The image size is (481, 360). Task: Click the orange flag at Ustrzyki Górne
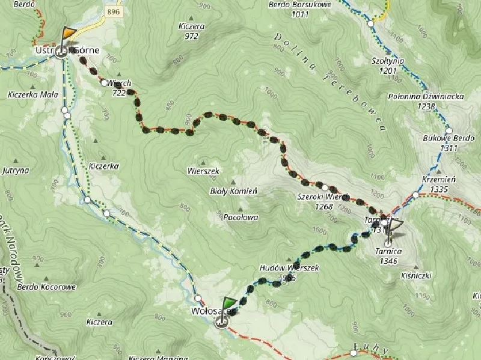pyautogui.click(x=70, y=32)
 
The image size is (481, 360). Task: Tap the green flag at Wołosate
pyautogui.click(x=229, y=303)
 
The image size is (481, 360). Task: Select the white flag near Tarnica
pyautogui.click(x=395, y=226)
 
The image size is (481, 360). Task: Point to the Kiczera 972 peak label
pyautogui.click(x=192, y=31)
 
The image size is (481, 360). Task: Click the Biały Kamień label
pyautogui.click(x=233, y=191)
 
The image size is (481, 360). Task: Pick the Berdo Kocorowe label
pyautogui.click(x=47, y=287)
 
